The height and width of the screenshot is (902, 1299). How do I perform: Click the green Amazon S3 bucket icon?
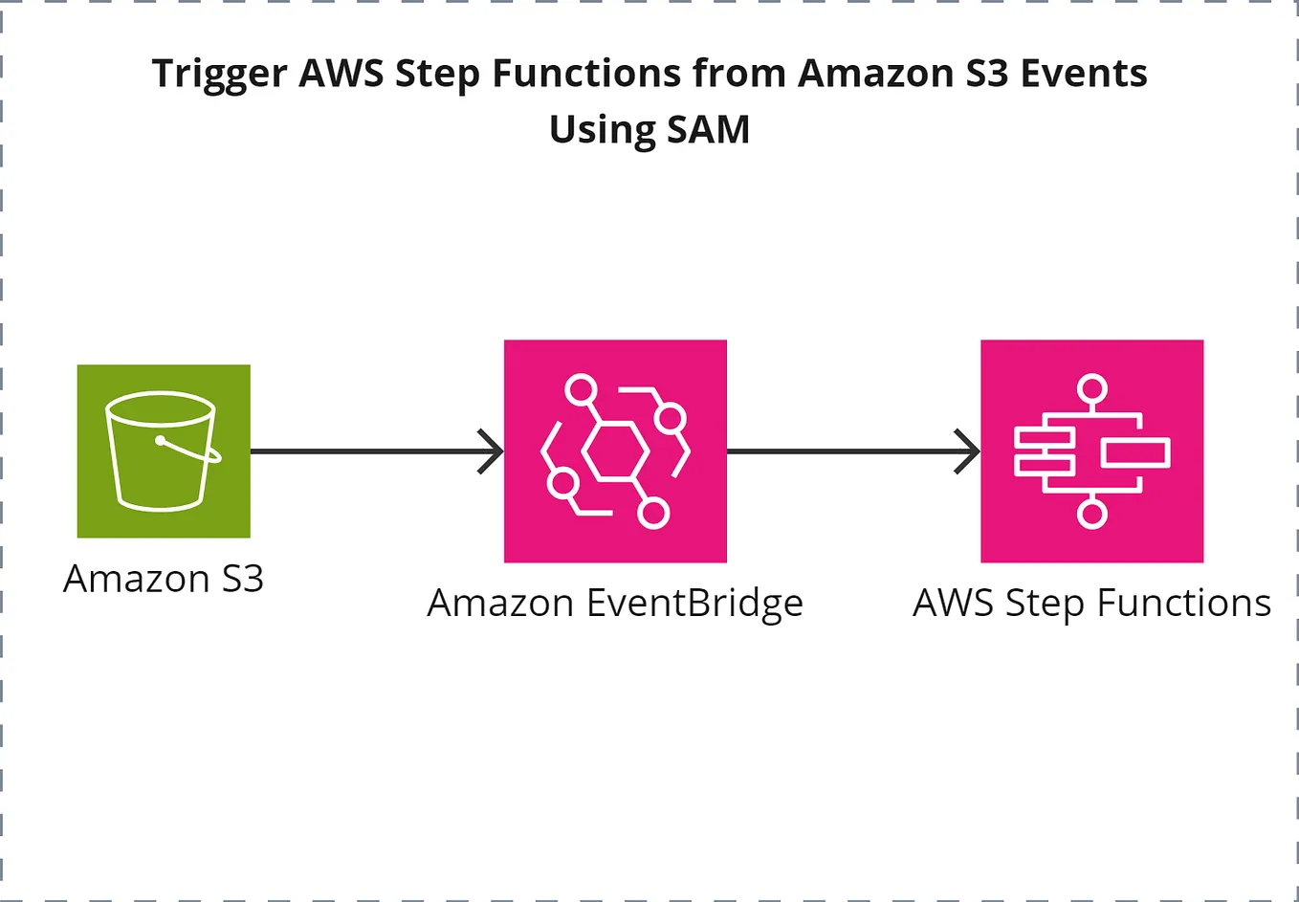tap(164, 451)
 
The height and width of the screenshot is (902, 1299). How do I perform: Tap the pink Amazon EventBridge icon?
tap(615, 451)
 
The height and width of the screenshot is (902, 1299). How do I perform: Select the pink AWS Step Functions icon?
tap(1091, 451)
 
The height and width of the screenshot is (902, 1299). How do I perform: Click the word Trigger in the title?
tap(219, 75)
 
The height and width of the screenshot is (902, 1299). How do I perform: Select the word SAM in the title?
tap(708, 130)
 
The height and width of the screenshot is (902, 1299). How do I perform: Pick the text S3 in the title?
tap(986, 74)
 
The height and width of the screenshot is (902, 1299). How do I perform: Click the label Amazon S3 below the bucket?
tap(164, 579)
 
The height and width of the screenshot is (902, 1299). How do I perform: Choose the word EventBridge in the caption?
tap(694, 604)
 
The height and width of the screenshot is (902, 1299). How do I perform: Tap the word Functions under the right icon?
tap(1183, 604)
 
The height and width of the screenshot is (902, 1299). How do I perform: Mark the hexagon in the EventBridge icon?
tap(614, 451)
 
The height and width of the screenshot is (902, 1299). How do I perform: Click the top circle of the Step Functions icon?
tap(1091, 389)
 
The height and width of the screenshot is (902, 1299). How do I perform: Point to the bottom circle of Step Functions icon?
tap(1091, 514)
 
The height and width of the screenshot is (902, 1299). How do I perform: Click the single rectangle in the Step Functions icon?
tap(1134, 451)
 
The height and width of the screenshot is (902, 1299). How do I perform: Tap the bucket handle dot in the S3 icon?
tap(161, 441)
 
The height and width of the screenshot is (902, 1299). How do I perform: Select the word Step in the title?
tap(437, 75)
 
